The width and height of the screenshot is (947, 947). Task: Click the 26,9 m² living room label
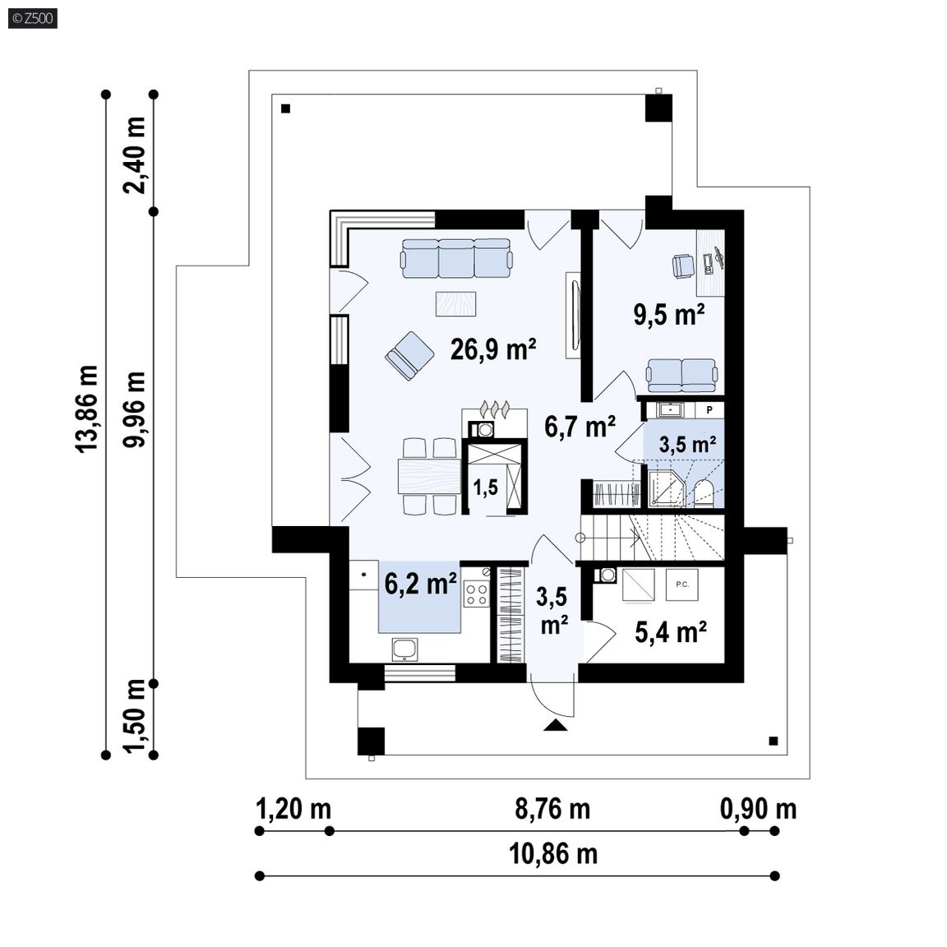(493, 349)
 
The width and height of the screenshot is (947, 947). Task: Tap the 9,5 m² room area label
(669, 314)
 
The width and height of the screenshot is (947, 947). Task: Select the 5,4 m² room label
(671, 632)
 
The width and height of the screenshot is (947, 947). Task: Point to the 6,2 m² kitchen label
(420, 584)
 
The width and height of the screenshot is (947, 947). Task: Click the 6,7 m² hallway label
(580, 427)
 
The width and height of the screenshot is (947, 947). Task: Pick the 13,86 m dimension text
(86, 409)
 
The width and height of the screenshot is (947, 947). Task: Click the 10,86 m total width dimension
(553, 854)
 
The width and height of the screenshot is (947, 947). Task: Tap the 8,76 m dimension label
(552, 809)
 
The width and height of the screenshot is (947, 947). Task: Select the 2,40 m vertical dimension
(134, 155)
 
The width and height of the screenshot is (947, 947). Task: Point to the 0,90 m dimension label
(759, 809)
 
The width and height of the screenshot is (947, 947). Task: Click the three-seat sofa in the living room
(456, 258)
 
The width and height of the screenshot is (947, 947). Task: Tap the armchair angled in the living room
(409, 356)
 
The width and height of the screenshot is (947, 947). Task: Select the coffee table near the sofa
(456, 304)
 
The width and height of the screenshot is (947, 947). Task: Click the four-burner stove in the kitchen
(477, 593)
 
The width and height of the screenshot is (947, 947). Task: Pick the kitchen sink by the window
(404, 650)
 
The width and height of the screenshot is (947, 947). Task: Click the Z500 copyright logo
(33, 19)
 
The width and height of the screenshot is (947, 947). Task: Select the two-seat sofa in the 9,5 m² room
(681, 376)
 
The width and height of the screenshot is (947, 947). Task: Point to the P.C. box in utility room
(681, 584)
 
